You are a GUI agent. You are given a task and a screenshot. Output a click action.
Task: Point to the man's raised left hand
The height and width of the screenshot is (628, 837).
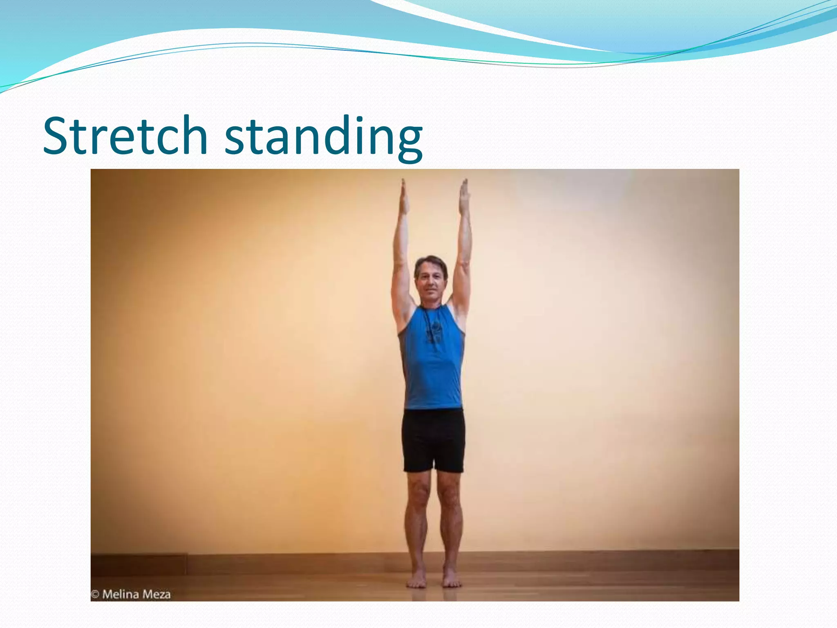[463, 196]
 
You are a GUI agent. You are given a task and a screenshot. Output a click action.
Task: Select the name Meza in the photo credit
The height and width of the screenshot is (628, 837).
[157, 594]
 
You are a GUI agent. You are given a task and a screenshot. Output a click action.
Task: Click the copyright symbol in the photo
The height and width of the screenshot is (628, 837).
[95, 594]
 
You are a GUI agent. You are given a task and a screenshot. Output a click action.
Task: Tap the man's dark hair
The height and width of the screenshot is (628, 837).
[430, 262]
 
